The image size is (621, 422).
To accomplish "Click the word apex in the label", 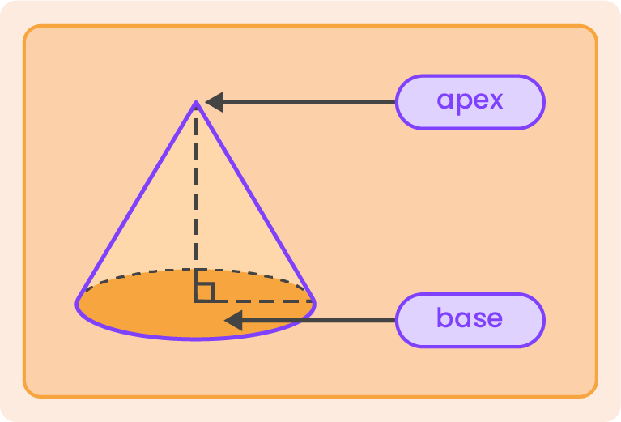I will click(x=470, y=101).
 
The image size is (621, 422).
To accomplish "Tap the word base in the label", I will click(x=470, y=318).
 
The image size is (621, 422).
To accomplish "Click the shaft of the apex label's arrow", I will click(x=308, y=102).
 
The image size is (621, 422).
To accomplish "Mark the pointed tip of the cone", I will click(x=196, y=104).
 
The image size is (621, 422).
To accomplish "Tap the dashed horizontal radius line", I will click(x=259, y=301).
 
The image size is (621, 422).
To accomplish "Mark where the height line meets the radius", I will click(x=196, y=301).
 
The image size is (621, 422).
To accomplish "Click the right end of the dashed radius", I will click(x=312, y=301).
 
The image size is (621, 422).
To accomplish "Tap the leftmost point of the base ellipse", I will click(x=78, y=304).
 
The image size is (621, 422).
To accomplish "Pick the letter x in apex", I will click(x=494, y=101).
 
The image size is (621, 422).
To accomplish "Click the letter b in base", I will click(x=444, y=317).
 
